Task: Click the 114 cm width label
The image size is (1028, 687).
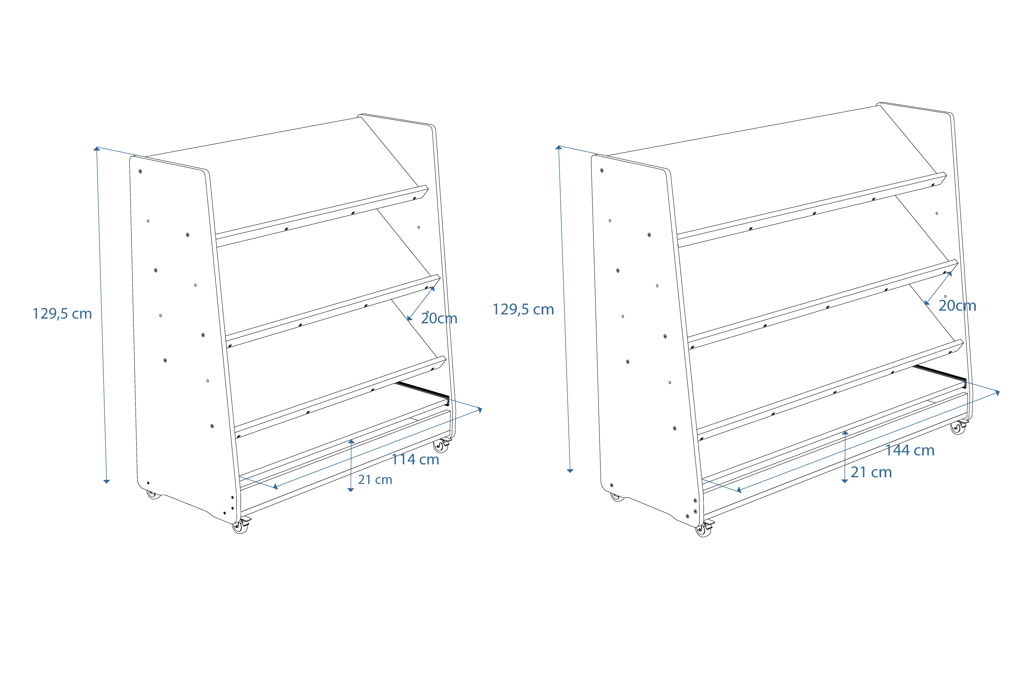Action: [415, 460]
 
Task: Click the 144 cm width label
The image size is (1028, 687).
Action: [910, 451]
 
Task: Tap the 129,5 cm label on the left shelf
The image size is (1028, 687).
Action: [62, 314]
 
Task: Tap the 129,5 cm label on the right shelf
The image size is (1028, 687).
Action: [523, 309]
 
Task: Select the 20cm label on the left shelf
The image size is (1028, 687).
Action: [439, 318]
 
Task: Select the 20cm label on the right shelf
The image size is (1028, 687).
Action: [957, 306]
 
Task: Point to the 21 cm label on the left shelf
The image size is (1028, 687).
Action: [375, 480]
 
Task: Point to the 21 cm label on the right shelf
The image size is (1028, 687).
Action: [871, 472]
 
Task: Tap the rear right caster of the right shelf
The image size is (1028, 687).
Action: [958, 428]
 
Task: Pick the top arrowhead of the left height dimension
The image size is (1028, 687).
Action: [97, 149]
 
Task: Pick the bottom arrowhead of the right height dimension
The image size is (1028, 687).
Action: [570, 470]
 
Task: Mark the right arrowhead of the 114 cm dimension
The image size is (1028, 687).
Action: [480, 410]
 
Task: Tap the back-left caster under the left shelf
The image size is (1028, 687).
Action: [153, 495]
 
